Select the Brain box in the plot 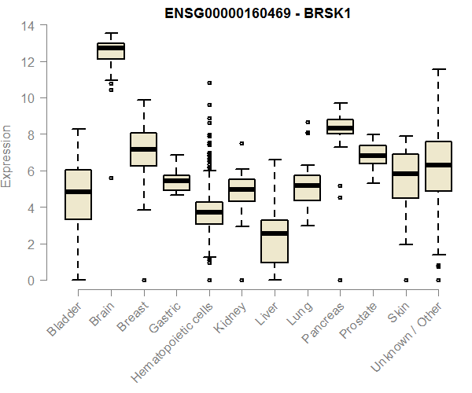pyautogui.click(x=111, y=51)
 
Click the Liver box pyautogui.click(x=274, y=241)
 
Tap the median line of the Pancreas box pyautogui.click(x=340, y=127)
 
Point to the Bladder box pyautogui.click(x=78, y=206)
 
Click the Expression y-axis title pyautogui.click(x=8, y=156)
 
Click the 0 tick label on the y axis pyautogui.click(x=31, y=281)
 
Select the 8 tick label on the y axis pyautogui.click(x=31, y=134)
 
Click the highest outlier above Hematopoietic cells pyautogui.click(x=209, y=83)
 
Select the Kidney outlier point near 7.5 pyautogui.click(x=242, y=143)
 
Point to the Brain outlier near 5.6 pyautogui.click(x=111, y=178)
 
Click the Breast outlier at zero pyautogui.click(x=144, y=280)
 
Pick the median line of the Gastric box pyautogui.click(x=176, y=181)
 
